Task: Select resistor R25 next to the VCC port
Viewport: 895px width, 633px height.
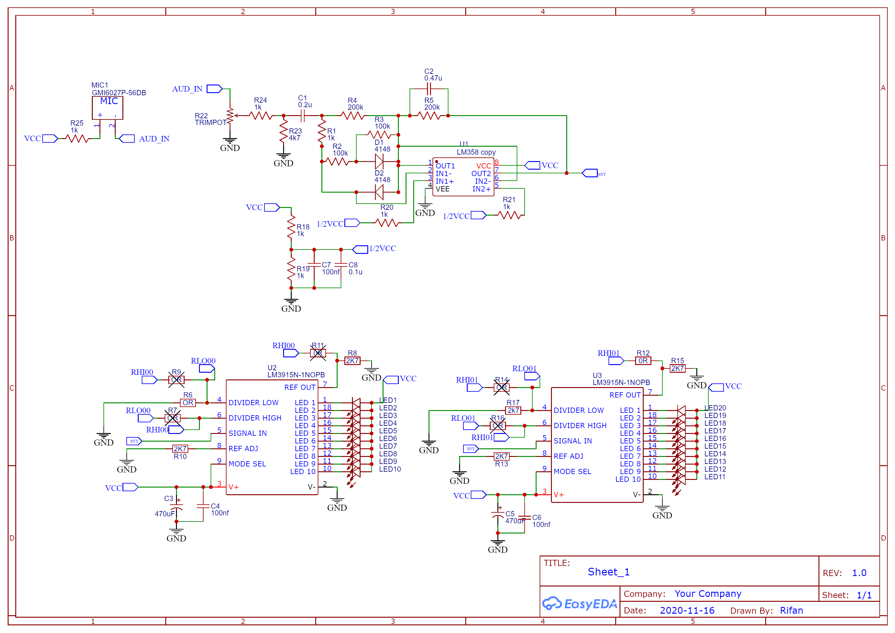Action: pyautogui.click(x=77, y=138)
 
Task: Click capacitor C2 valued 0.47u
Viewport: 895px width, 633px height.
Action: pyautogui.click(x=429, y=89)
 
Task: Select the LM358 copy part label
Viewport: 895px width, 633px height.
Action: pyautogui.click(x=476, y=152)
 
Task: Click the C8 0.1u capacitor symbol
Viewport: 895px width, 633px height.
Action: pyautogui.click(x=341, y=265)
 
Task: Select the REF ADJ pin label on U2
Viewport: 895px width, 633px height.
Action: pyautogui.click(x=243, y=449)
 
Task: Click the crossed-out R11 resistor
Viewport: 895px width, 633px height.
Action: pyautogui.click(x=318, y=353)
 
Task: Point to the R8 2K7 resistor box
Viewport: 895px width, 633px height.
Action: pyautogui.click(x=352, y=361)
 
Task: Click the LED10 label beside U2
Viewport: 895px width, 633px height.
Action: pyautogui.click(x=390, y=469)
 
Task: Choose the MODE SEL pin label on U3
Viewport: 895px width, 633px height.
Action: pyautogui.click(x=572, y=472)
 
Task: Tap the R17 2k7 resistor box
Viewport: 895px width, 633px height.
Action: pyautogui.click(x=513, y=410)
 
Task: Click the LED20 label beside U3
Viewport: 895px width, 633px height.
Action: pyautogui.click(x=715, y=408)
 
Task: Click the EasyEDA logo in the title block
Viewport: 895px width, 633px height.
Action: pyautogui.click(x=580, y=604)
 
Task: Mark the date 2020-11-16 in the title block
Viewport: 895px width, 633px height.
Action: pyautogui.click(x=687, y=610)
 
